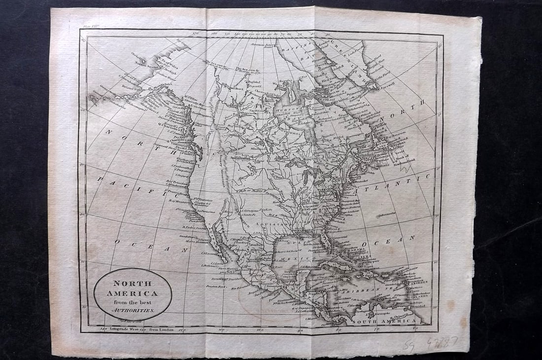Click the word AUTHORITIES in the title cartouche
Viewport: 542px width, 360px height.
coord(133,310)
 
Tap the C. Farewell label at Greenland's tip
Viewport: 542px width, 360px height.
coord(387,89)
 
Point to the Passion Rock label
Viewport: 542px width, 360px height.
coord(215,285)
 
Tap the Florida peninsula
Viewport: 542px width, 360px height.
coord(326,240)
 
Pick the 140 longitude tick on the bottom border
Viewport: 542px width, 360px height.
coord(103,328)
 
